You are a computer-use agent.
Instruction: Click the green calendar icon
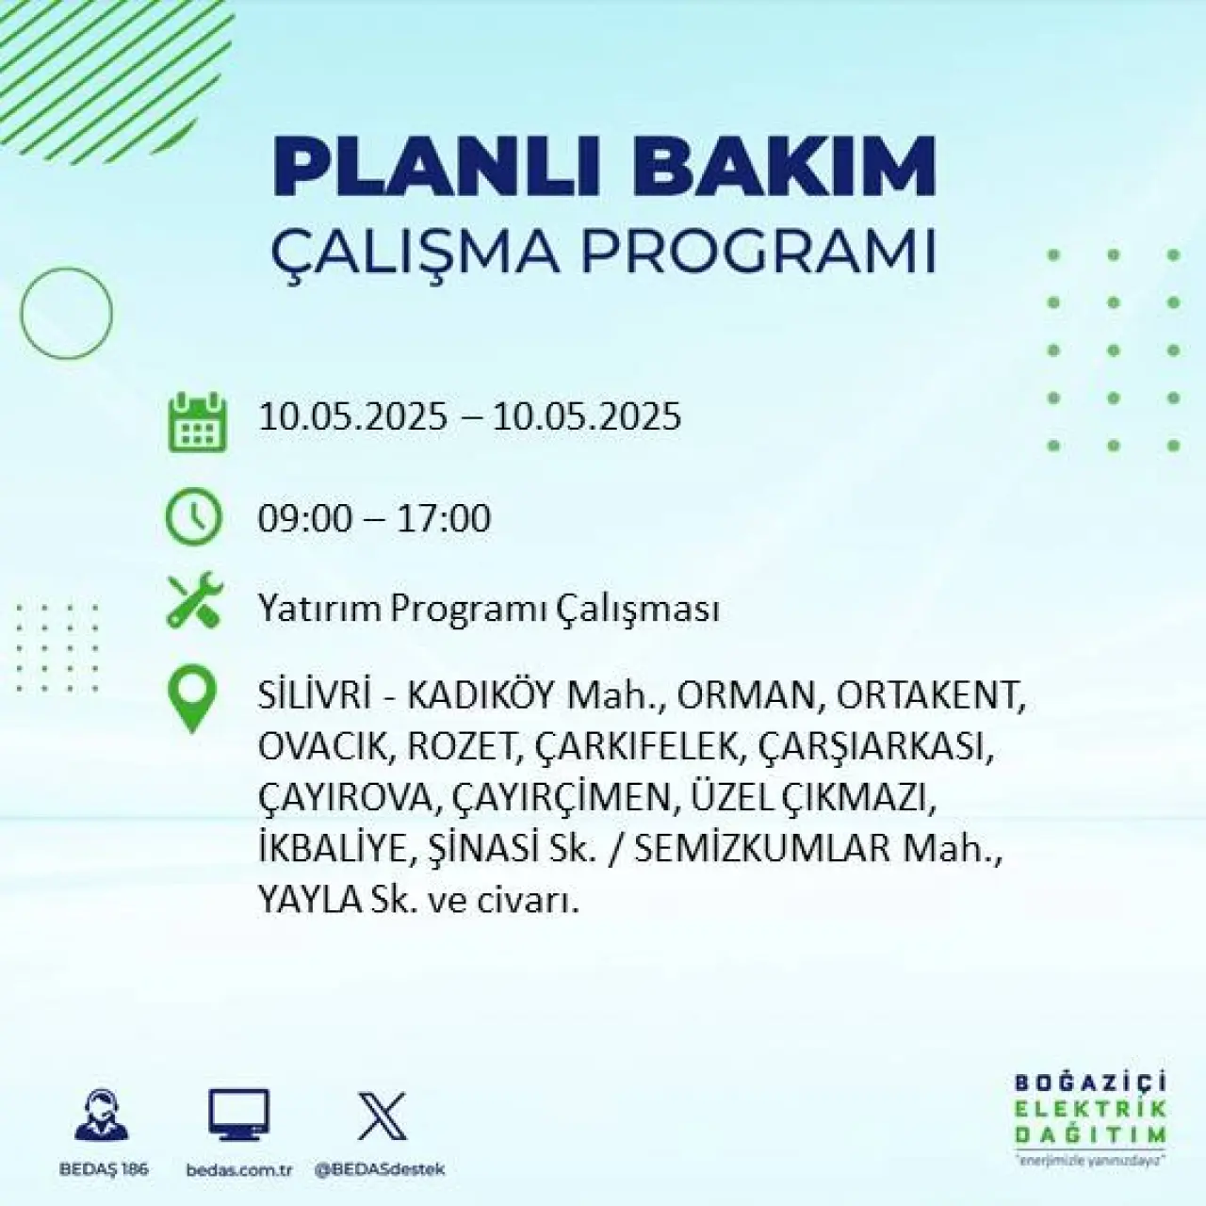point(198,422)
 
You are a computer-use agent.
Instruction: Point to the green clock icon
point(193,517)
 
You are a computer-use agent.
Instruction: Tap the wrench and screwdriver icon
point(195,599)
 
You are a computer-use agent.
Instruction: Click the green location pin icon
point(192,698)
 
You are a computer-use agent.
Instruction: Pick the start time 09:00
point(304,518)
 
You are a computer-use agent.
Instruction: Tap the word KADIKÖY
point(481,695)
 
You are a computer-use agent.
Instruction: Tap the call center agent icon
point(102,1114)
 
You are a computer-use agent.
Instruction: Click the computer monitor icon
point(238,1114)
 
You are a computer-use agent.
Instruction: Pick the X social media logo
point(382,1116)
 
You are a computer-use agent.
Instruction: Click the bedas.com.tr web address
point(239,1169)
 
